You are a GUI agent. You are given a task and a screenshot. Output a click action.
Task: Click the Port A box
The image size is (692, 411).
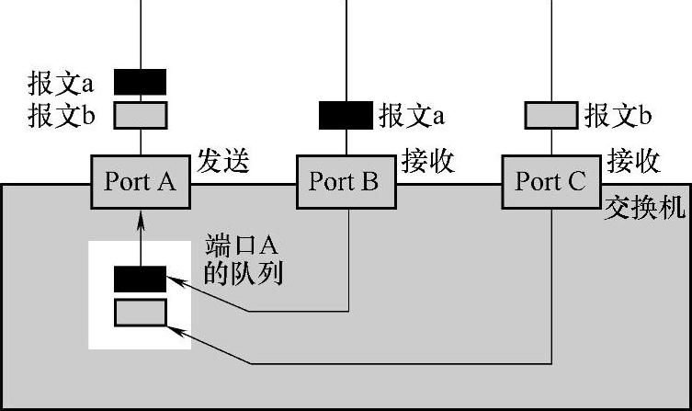pyautogui.click(x=140, y=181)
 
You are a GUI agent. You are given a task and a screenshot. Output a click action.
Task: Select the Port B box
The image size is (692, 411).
pyautogui.click(x=345, y=181)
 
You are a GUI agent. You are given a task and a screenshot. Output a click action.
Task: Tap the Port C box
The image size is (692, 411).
pyautogui.click(x=550, y=181)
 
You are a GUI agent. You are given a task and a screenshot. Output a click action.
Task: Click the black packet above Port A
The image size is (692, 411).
pyautogui.click(x=140, y=82)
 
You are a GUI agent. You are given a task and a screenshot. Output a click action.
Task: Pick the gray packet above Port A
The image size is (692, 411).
pyautogui.click(x=140, y=114)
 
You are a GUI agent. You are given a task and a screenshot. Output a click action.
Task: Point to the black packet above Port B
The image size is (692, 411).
pyautogui.click(x=345, y=115)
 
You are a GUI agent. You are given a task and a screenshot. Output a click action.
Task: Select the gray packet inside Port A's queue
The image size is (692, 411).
pyautogui.click(x=140, y=313)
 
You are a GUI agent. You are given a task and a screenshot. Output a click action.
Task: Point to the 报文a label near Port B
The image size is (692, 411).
pyautogui.click(x=413, y=116)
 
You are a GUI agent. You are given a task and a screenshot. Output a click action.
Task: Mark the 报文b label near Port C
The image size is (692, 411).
pyautogui.click(x=618, y=116)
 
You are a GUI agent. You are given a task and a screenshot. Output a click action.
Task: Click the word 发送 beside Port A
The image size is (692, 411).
pyautogui.click(x=223, y=162)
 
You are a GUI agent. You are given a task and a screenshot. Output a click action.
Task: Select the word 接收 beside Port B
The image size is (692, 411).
pyautogui.click(x=428, y=162)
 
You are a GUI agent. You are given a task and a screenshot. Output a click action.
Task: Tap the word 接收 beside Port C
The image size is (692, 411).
pyautogui.click(x=634, y=162)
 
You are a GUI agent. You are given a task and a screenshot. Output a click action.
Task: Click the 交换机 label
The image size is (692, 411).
pyautogui.click(x=644, y=208)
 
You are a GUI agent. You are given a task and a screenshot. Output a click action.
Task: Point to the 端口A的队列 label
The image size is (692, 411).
pyautogui.click(x=241, y=261)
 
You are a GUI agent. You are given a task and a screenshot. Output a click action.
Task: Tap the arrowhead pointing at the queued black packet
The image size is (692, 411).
pyautogui.click(x=173, y=280)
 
